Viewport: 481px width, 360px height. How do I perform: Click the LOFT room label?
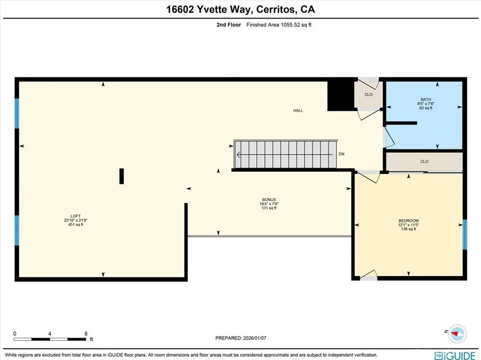tap(76, 216)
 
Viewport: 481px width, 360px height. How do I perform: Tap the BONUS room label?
tap(269, 199)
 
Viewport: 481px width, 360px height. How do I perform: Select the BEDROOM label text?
tap(409, 221)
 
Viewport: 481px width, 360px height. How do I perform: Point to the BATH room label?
tap(426, 100)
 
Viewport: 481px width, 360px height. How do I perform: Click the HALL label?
tap(298, 111)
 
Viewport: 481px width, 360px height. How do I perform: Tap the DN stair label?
tap(341, 154)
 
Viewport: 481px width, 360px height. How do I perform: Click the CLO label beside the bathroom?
tap(368, 94)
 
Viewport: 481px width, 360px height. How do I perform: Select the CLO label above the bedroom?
tap(424, 161)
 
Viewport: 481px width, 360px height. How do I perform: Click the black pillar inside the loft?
tap(122, 176)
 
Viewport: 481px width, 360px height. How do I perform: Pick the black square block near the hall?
tap(341, 96)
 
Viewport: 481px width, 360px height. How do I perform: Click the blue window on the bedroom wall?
tap(465, 235)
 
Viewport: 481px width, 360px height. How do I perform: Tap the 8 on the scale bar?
tap(86, 334)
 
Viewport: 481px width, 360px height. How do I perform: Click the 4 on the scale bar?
tap(50, 334)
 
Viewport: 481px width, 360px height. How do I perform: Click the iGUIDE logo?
tap(455, 356)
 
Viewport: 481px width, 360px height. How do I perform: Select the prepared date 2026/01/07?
tap(255, 338)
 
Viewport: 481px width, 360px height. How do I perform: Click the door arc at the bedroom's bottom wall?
tap(368, 275)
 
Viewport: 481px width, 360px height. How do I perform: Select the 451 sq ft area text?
tap(76, 224)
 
